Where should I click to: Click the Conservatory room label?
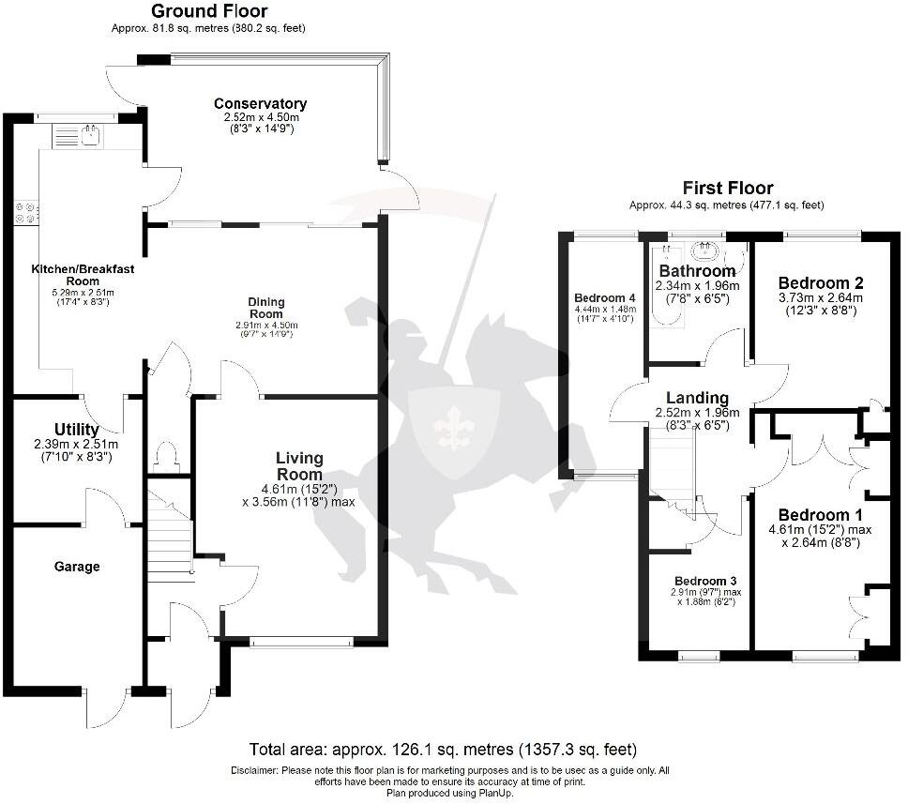260,103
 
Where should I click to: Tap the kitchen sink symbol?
91,137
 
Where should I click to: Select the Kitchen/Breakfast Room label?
83,274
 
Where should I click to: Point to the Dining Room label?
265,307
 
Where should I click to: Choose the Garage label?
76,567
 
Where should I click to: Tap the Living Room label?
299,465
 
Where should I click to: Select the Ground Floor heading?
208,11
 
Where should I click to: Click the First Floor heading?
727,188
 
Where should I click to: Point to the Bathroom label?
697,271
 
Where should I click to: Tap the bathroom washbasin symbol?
704,250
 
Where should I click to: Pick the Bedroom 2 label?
821,282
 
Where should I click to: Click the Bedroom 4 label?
605,299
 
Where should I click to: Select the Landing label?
697,398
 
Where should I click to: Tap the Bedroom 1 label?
820,515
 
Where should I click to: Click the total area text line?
443,750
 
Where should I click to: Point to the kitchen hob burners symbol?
25,212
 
